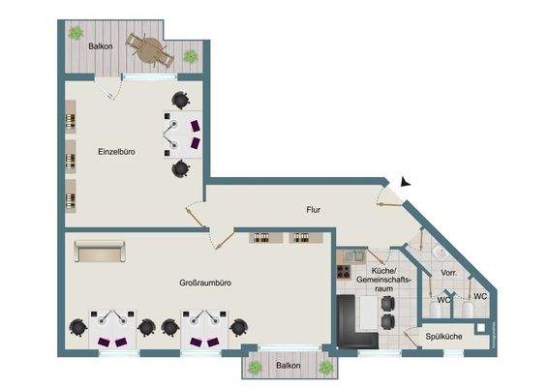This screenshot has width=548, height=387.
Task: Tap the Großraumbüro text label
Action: coord(205,283)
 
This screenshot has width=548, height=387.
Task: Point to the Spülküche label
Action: coord(443,335)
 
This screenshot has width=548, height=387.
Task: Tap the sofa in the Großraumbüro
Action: coord(100,253)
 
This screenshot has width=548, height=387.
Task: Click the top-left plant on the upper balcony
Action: coord(76,33)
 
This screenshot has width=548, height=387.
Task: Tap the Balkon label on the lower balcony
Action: coord(288,366)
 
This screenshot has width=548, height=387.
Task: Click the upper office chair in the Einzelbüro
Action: coord(180,99)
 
